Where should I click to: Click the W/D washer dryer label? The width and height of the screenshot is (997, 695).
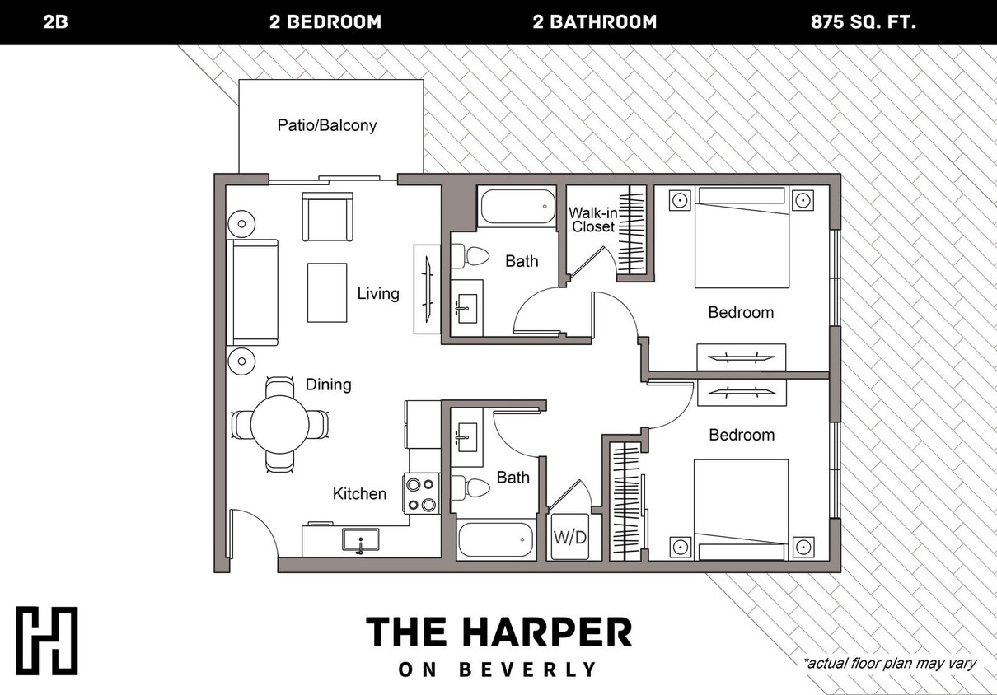(569, 538)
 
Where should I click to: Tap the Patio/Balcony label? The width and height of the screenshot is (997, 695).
(327, 125)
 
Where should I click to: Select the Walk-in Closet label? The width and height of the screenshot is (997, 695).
(593, 220)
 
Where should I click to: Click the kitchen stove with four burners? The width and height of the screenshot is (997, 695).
(421, 494)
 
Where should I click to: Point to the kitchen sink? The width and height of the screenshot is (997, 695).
(360, 541)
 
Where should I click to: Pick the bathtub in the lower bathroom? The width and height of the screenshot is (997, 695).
(496, 541)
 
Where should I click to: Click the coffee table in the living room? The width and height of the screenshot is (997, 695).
(327, 292)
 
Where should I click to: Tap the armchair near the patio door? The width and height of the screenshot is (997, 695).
(327, 216)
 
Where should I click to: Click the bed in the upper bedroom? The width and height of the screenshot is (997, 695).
(742, 237)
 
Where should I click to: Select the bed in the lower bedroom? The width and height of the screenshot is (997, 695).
(741, 509)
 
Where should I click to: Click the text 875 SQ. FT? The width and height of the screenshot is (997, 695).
(863, 22)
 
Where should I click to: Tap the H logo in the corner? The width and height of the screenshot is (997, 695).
(47, 641)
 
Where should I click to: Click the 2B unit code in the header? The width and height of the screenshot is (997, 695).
(55, 22)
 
